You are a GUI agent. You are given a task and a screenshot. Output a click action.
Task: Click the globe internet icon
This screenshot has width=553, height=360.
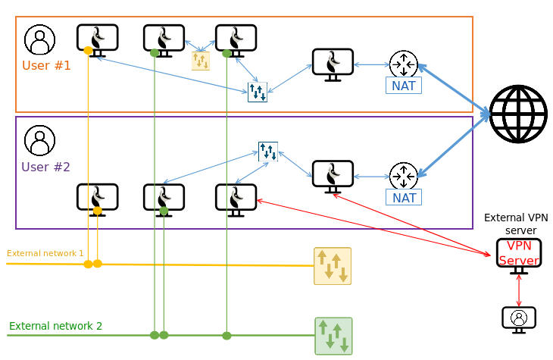pos(517,114)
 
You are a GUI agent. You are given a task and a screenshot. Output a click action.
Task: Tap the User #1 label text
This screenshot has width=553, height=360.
pos(46,65)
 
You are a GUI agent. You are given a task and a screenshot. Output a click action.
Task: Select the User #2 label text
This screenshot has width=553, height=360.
pos(46,167)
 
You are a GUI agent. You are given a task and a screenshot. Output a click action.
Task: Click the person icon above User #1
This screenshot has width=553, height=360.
pos(39,39)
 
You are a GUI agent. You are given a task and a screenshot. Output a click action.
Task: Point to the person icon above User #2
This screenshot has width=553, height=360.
pos(39,140)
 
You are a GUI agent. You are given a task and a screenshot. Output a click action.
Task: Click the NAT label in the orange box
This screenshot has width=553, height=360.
pos(404,86)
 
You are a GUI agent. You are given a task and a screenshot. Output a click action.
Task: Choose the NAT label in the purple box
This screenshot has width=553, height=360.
pos(404,198)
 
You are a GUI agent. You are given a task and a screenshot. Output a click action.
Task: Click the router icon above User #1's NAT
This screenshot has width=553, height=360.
pos(404,64)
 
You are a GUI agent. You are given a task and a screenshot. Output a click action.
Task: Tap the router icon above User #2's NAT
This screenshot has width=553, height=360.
pos(404,177)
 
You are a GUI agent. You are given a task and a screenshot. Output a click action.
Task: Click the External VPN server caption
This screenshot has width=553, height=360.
pos(515,224)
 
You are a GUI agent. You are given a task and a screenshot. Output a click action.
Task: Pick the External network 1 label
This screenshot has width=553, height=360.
pos(45,253)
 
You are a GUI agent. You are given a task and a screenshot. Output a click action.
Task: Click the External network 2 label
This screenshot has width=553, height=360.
pos(55,326)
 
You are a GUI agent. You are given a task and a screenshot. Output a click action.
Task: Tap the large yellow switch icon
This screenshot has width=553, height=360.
pos(333,265)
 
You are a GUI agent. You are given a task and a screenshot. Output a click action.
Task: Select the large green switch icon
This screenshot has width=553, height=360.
pos(333,336)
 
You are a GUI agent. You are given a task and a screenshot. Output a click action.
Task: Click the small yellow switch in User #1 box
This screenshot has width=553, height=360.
pos(201,61)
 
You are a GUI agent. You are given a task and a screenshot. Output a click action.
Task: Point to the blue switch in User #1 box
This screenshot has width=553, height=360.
pos(258,92)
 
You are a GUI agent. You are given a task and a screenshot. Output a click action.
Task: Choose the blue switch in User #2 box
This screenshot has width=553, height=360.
pos(268,152)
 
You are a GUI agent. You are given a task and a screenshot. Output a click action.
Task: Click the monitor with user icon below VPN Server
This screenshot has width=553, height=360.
pos(519,318)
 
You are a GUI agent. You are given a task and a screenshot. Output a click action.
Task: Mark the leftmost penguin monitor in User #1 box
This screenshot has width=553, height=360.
pos(98,39)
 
